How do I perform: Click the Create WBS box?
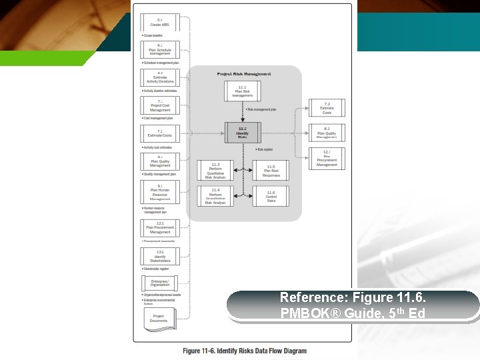tap(159, 22)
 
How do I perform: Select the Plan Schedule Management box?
tap(159, 50)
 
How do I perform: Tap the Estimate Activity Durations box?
tap(159, 78)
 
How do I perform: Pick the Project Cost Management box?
tap(159, 105)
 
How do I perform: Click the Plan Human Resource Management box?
tap(159, 191)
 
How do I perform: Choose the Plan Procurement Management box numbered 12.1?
tap(159, 228)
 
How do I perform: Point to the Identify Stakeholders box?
tap(159, 256)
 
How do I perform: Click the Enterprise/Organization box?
tap(159, 283)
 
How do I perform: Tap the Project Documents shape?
tap(159, 318)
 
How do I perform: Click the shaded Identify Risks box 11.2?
tap(242, 132)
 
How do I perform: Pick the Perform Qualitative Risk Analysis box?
tap(215, 170)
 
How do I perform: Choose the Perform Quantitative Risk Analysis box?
tap(215, 196)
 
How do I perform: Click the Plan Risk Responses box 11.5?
tap(271, 170)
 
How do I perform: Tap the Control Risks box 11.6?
tap(271, 196)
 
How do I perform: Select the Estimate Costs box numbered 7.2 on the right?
tap(327, 108)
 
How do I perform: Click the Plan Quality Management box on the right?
tap(327, 133)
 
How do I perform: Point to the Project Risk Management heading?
tap(244, 74)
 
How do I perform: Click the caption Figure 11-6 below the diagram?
tap(245, 351)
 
